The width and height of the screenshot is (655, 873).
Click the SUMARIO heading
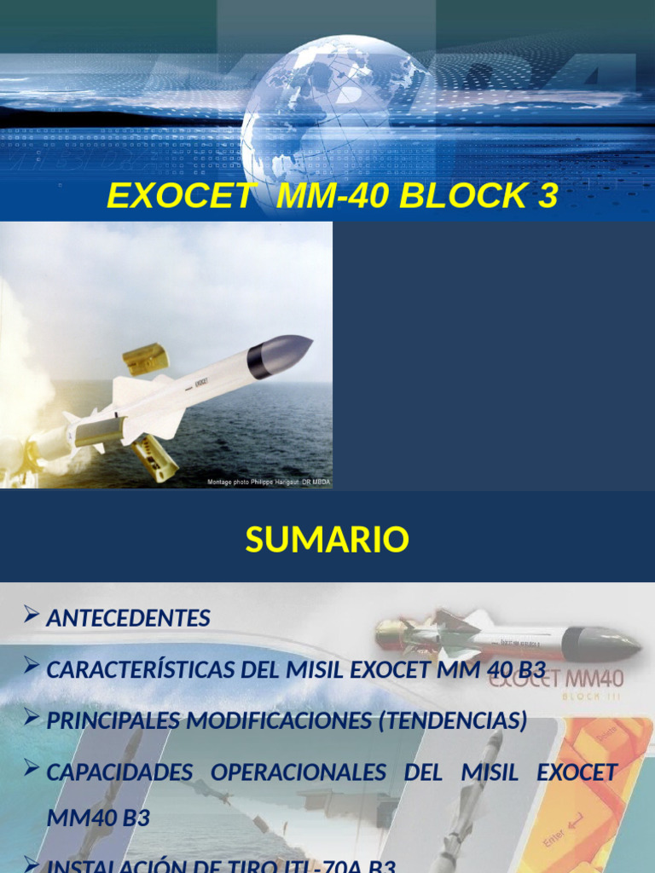click(x=327, y=540)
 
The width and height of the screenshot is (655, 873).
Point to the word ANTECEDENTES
click(x=128, y=618)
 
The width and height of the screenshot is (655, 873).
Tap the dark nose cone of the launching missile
click(x=281, y=355)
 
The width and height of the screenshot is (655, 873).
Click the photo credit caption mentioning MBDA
click(x=269, y=483)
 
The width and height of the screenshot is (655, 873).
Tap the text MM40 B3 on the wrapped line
click(x=98, y=818)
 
